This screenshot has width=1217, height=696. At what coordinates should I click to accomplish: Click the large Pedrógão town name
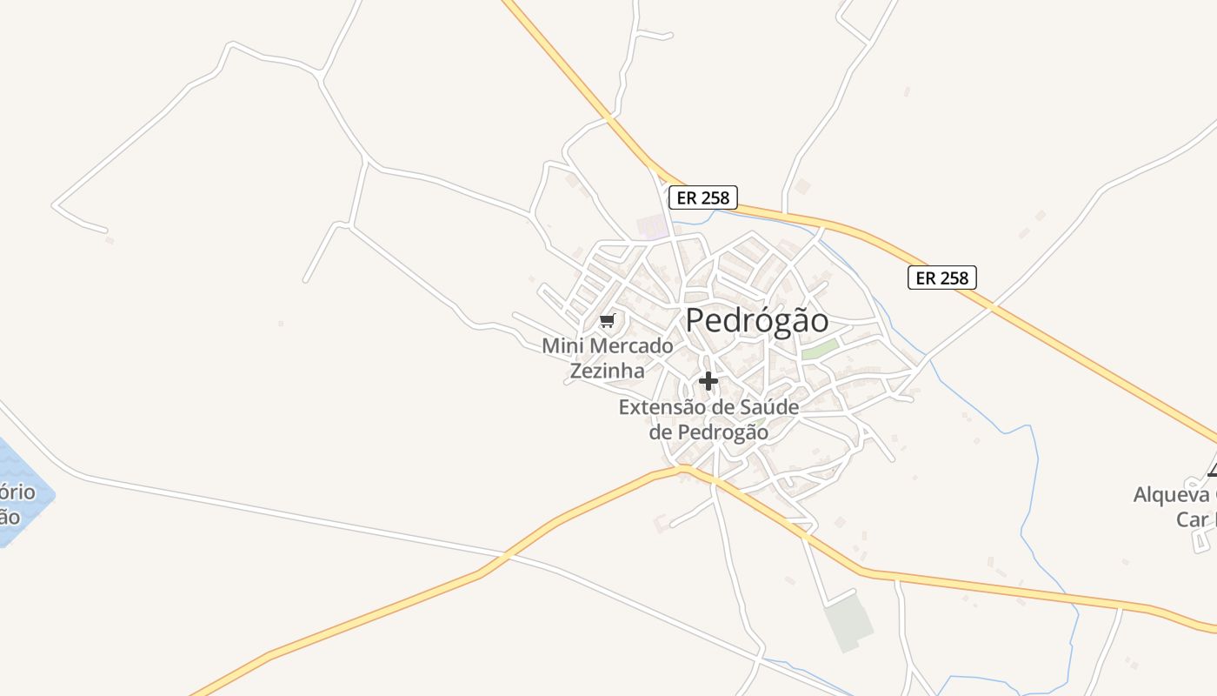pyautogui.click(x=757, y=320)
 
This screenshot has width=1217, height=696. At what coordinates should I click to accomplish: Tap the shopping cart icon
pyautogui.click(x=608, y=321)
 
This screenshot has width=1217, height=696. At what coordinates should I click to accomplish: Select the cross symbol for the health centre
pyautogui.click(x=708, y=381)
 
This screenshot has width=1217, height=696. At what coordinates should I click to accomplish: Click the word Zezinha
pyautogui.click(x=607, y=371)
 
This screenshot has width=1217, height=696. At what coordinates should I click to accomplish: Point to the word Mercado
pyautogui.click(x=631, y=346)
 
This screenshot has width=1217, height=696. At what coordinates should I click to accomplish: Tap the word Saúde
pyautogui.click(x=768, y=406)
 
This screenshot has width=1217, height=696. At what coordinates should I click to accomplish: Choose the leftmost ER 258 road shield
pyautogui.click(x=702, y=197)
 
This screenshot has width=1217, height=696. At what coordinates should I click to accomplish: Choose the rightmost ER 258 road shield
pyautogui.click(x=942, y=278)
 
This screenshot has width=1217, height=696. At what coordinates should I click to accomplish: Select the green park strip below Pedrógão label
pyautogui.click(x=820, y=350)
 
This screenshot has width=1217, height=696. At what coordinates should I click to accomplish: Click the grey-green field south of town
pyautogui.click(x=848, y=621)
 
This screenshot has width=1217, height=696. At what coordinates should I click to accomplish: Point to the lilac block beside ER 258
pyautogui.click(x=652, y=228)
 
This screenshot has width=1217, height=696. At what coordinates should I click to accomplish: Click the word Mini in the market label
pyautogui.click(x=562, y=346)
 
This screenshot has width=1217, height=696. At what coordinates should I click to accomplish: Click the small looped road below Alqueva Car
pyautogui.click(x=1201, y=541)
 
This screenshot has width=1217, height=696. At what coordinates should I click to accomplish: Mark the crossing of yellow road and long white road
pyautogui.click(x=502, y=554)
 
